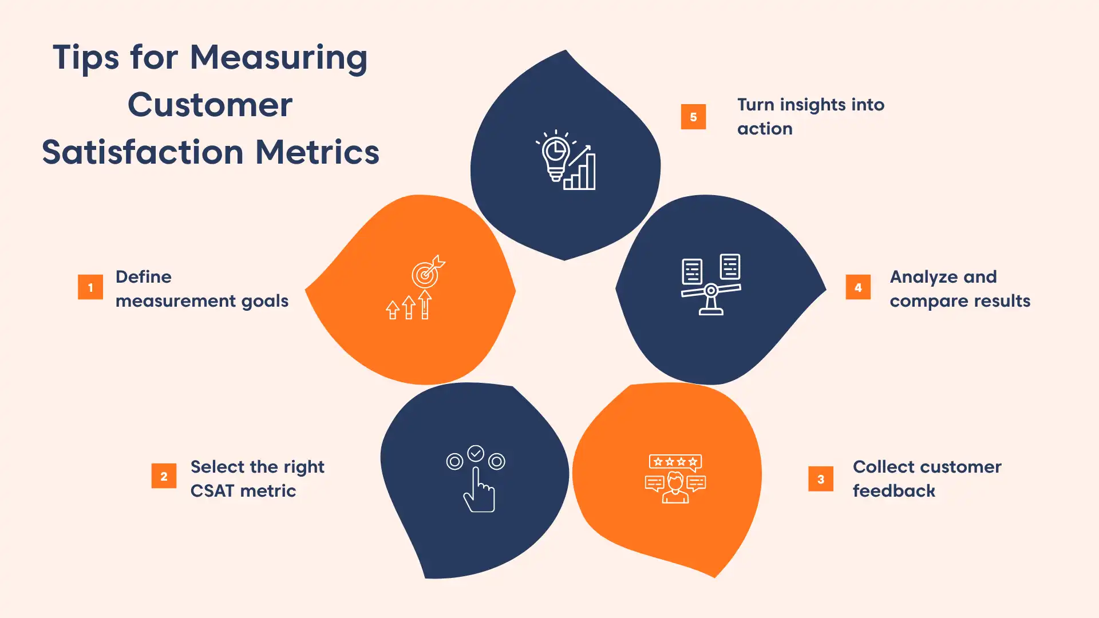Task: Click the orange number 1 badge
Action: [x=90, y=287]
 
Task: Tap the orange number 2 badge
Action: [x=164, y=476]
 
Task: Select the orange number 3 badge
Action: [x=821, y=479]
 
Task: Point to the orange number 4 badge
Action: [x=858, y=287]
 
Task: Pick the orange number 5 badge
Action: [x=693, y=117]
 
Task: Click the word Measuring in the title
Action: [x=278, y=58]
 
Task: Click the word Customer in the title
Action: [x=210, y=105]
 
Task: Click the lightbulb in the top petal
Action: [x=555, y=157]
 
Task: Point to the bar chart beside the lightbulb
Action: [x=580, y=172]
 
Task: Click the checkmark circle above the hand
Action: [x=476, y=453]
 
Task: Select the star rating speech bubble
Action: [x=675, y=462]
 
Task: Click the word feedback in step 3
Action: [x=894, y=491]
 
